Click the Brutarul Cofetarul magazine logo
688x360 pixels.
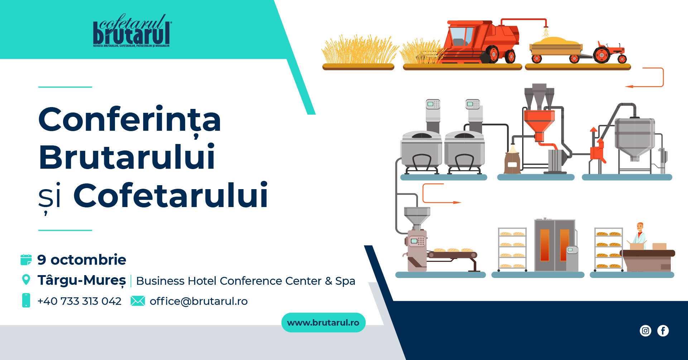[x=132, y=31]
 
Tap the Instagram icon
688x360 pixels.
[x=645, y=331]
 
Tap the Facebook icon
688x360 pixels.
[x=663, y=331]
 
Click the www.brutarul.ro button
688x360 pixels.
[x=323, y=322]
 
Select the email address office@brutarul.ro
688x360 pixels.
[x=199, y=301]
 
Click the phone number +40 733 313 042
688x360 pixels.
[x=80, y=301]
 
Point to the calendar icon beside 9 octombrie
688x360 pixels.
[x=26, y=260]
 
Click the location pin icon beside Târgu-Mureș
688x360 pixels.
[x=26, y=280]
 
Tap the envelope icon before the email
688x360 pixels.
[x=138, y=301]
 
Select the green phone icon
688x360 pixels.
[x=26, y=300]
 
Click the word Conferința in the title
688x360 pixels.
[x=130, y=120]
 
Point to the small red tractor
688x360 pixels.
[x=609, y=53]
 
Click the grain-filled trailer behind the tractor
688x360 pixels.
[x=556, y=49]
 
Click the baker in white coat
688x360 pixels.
[x=640, y=234]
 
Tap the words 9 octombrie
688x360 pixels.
[x=82, y=260]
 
